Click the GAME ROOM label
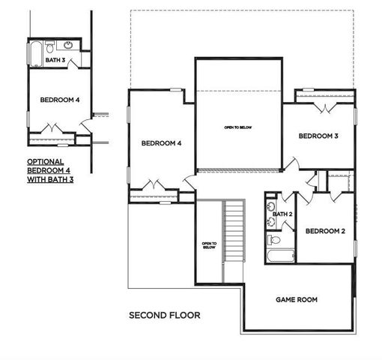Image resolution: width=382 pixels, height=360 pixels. click(297, 299)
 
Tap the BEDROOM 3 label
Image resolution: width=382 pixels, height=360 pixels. click(318, 136)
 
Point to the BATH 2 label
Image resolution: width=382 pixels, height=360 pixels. click(282, 214)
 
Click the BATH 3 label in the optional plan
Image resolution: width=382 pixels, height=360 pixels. click(55, 60)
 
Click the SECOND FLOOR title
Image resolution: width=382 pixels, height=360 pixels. click(164, 315)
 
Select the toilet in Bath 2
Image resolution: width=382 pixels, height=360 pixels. click(273, 240)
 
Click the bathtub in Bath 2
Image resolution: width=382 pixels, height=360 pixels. click(280, 256)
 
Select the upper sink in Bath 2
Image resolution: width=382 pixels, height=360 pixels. click(270, 205)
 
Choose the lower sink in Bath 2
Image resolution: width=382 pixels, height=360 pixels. click(270, 221)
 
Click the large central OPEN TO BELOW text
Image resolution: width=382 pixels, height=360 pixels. click(238, 127)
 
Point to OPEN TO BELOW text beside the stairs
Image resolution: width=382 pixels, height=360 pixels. click(209, 245)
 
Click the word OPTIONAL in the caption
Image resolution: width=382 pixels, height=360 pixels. click(46, 161)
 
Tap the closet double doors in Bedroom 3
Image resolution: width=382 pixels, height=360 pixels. click(324, 107)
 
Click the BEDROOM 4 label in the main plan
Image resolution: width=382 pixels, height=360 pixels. click(161, 143)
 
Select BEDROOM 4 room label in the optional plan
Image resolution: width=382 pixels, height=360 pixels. click(59, 100)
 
